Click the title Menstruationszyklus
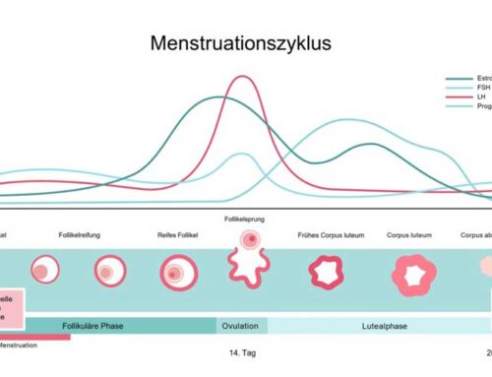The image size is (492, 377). tap(240, 43)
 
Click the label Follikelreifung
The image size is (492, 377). tap(105, 234)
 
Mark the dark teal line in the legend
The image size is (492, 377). tap(459, 78)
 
